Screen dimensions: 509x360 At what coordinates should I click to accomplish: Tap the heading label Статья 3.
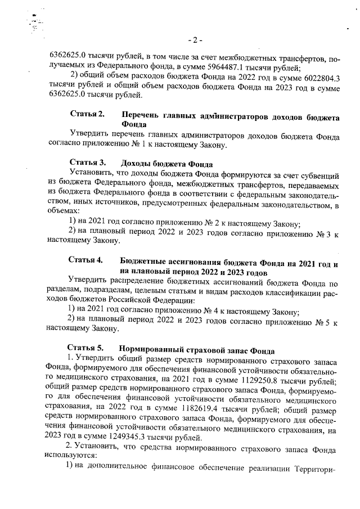86,163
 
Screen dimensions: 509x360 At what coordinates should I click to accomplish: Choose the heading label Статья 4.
86,260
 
